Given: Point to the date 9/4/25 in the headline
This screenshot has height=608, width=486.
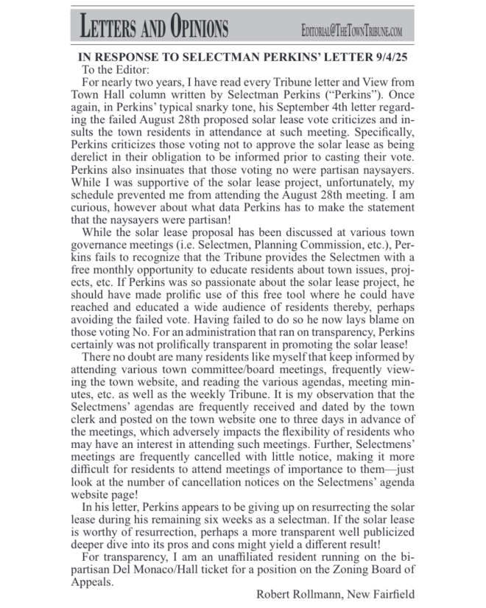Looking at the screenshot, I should point(385,57).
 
